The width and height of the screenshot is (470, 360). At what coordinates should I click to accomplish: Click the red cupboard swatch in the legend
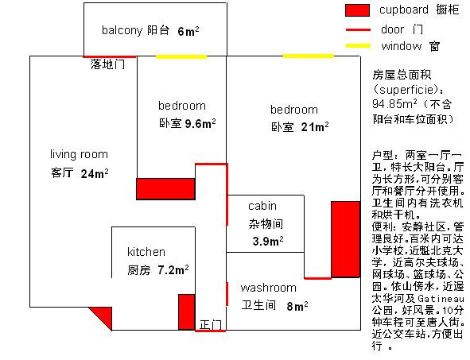[x=357, y=10]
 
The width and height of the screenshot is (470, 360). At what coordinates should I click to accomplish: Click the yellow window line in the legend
[x=358, y=46]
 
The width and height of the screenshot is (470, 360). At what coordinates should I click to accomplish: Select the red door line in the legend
[x=358, y=29]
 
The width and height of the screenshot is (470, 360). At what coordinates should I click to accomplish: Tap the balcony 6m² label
[x=150, y=30]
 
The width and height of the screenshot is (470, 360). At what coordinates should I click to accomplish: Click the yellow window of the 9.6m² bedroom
[x=181, y=56]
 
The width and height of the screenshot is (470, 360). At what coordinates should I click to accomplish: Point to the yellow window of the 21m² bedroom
[x=309, y=56]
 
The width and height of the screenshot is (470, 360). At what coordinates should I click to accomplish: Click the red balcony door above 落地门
[x=110, y=56]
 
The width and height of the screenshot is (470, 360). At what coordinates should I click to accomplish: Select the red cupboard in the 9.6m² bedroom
[x=165, y=189]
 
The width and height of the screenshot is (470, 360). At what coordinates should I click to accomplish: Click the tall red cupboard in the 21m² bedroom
[x=346, y=239]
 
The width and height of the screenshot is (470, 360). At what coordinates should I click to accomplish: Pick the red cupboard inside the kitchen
[x=187, y=312]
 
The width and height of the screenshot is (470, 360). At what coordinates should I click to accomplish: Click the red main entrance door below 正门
[x=211, y=331]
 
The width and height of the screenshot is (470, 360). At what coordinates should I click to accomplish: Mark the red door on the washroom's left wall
[x=227, y=294]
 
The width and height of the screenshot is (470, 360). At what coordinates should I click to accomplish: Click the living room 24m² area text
[x=95, y=174]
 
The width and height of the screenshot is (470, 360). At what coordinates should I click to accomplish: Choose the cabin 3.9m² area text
[x=268, y=242]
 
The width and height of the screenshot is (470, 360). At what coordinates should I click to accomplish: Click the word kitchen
[x=146, y=252]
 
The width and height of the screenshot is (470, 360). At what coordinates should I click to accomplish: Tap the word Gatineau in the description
[x=441, y=299]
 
